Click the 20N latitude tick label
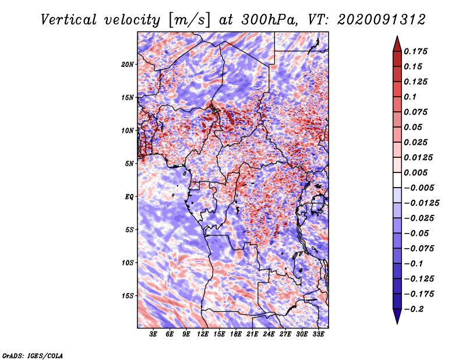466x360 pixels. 128,64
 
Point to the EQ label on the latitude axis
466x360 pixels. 129,196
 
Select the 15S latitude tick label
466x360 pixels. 128,295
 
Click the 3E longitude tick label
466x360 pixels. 154,336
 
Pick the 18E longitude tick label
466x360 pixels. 236,336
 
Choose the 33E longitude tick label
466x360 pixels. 319,336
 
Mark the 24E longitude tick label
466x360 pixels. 269,336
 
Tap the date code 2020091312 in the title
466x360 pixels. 373,20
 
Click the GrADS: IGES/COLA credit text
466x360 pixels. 32,355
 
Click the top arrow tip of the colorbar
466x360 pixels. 397,37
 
